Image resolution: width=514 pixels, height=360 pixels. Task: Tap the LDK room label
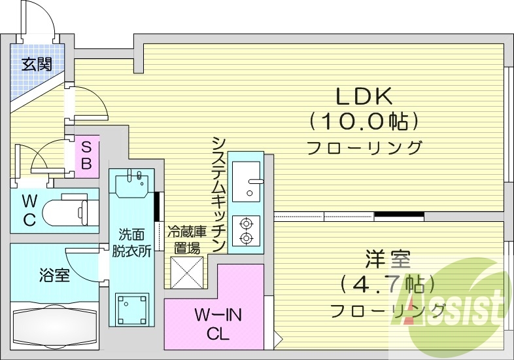pos(364,97)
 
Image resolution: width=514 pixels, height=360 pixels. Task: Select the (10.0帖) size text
pos(364,121)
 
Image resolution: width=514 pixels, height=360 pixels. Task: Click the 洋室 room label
pos(388,260)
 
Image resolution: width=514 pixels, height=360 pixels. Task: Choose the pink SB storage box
pos(86,155)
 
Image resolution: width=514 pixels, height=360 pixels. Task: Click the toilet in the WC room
pos(65,211)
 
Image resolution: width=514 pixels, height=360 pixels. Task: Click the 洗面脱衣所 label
pos(135,242)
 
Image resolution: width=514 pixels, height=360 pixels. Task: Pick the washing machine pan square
pos(132,309)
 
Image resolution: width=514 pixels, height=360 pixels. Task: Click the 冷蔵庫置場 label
pos(186,240)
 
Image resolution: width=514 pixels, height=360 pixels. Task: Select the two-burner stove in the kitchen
pos(247,230)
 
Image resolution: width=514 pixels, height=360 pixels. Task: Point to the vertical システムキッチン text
pos(219,194)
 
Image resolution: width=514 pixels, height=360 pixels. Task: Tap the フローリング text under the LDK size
pos(365,147)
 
